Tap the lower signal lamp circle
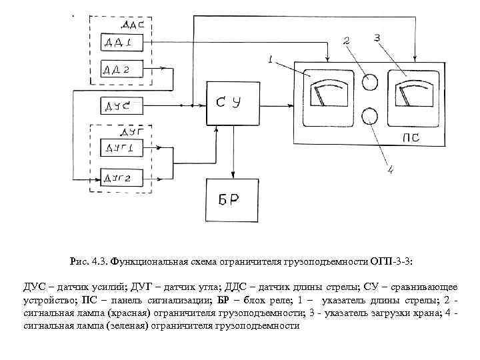(369, 116)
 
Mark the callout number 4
(391, 171)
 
